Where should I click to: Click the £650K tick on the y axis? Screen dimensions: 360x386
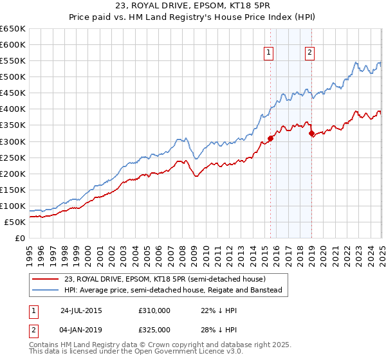(13, 29)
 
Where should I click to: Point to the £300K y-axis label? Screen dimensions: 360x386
(13, 141)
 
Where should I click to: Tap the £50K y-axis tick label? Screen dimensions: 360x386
(15, 222)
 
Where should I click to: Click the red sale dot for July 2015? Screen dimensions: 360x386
(271, 138)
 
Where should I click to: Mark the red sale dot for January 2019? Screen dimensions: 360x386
(311, 133)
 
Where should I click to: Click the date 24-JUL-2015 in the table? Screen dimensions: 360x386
(81, 309)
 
